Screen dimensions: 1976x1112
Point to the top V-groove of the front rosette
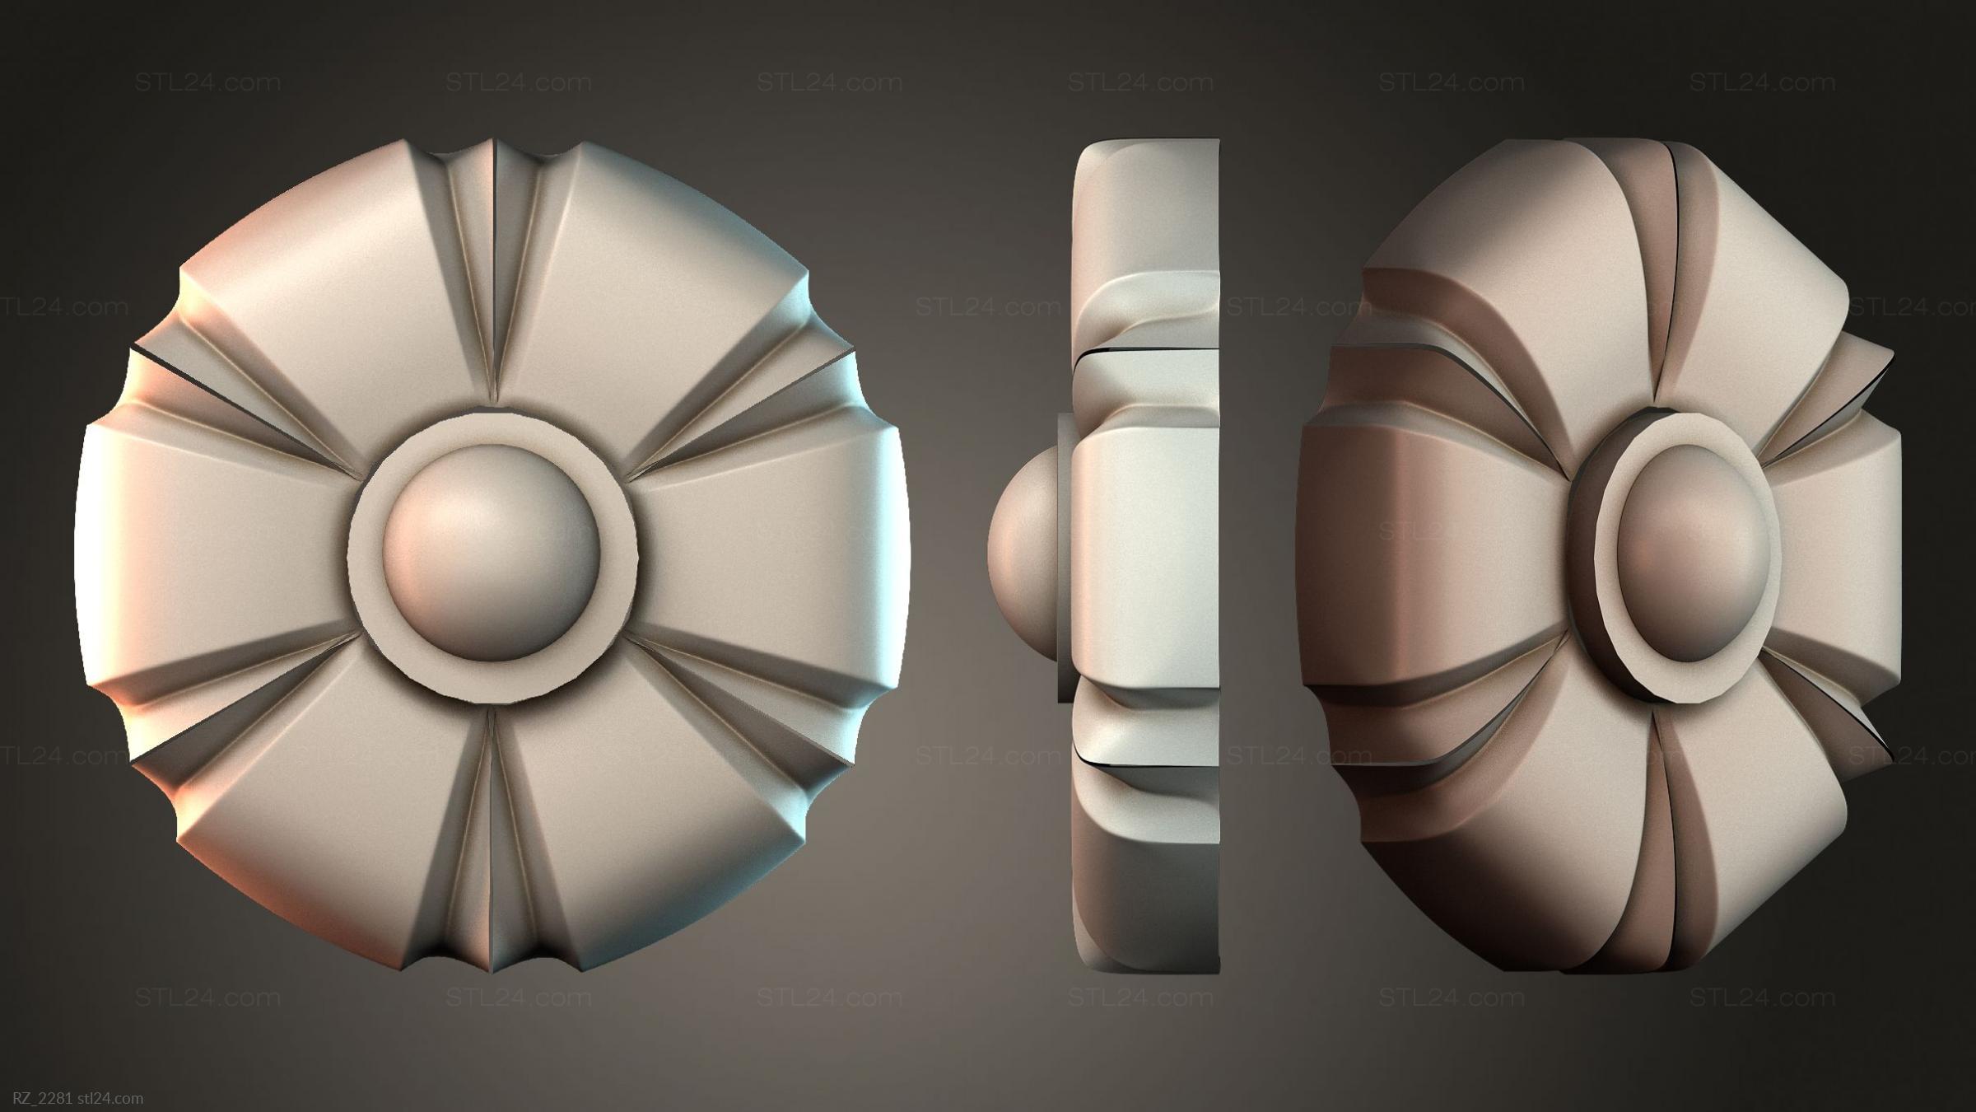pos(494,272)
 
